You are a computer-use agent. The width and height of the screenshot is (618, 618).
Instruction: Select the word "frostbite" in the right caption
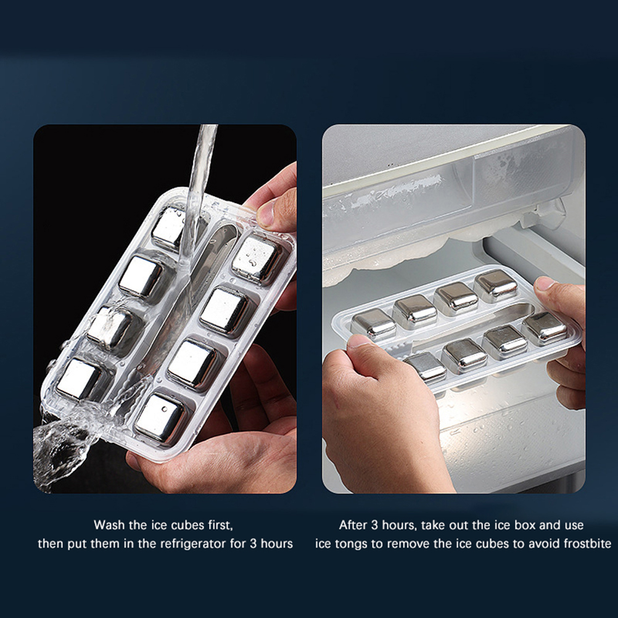coord(587,544)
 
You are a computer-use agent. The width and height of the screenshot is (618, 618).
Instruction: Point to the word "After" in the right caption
coord(353,525)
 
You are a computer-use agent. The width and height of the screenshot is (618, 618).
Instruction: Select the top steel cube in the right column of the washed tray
coord(255,259)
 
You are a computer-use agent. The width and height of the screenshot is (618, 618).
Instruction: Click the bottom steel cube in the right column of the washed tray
coord(161,418)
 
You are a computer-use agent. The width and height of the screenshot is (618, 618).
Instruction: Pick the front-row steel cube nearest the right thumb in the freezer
coord(545,327)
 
